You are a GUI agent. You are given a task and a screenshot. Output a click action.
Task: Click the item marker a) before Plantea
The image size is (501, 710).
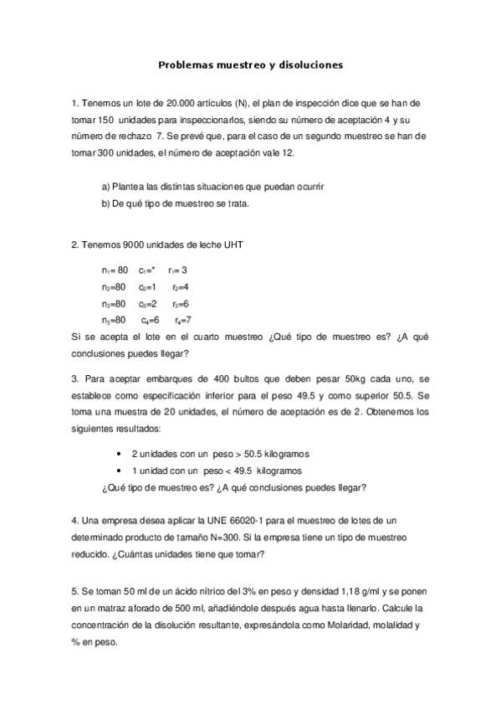coord(105,187)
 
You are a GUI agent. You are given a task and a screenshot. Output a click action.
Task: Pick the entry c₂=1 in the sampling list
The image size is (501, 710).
coord(147,286)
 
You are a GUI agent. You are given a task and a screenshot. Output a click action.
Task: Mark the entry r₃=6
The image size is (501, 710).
coord(181,303)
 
